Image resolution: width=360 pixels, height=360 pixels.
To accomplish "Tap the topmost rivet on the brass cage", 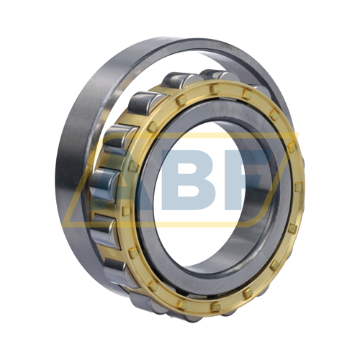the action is click(215, 89).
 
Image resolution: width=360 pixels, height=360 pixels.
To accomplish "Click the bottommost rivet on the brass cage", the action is click(216, 307).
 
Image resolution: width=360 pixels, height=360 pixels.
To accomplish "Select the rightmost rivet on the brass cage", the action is click(298, 187).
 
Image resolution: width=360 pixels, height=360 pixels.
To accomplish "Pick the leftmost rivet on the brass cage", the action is click(126, 210).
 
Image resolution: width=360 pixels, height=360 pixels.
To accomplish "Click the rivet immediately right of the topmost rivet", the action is click(247, 94).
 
